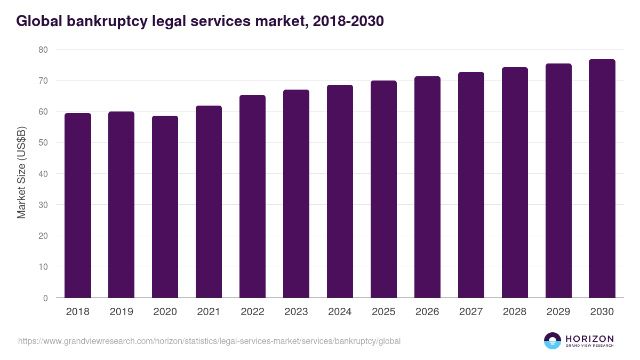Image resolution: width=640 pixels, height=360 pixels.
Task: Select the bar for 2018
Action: click(78, 205)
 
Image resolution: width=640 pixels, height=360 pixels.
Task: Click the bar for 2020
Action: click(165, 207)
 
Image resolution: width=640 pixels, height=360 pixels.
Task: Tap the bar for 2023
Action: click(296, 194)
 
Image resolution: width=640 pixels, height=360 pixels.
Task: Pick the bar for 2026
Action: click(427, 187)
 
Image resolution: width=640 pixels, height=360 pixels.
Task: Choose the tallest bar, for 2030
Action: click(602, 179)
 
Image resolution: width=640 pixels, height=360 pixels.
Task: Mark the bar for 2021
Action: click(209, 202)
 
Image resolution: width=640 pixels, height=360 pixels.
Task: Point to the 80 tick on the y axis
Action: click(43, 50)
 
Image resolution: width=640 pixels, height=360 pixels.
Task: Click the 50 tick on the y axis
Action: click(43, 143)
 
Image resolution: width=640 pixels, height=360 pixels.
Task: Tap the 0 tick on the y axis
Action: click(45, 298)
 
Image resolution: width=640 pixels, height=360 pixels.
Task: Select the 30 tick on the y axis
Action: click(43, 205)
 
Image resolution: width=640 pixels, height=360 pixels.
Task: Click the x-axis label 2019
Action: click(122, 312)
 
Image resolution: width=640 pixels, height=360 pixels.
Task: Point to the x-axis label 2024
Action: click(340, 312)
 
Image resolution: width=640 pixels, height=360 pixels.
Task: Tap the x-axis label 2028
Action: click(515, 312)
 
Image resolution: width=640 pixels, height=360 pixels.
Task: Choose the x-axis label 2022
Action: click(252, 312)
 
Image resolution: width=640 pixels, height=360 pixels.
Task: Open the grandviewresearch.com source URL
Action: click(209, 341)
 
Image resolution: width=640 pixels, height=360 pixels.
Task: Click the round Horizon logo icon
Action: click(553, 341)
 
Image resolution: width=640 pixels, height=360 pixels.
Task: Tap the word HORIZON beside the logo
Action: click(589, 338)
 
